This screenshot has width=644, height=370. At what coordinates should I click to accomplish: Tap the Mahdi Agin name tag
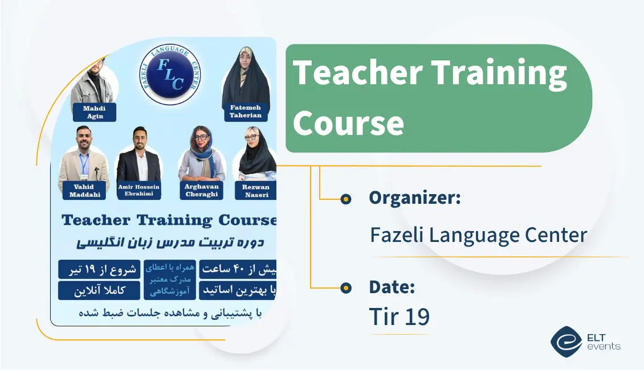tap(94, 112)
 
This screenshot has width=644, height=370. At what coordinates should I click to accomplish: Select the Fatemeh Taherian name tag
tap(246, 111)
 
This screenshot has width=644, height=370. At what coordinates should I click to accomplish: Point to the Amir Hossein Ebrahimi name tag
tap(139, 191)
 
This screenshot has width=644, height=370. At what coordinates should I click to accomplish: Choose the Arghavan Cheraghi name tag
tap(202, 191)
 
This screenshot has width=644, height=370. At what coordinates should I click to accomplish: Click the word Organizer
tap(414, 198)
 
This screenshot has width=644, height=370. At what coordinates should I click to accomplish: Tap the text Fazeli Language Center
tap(478, 235)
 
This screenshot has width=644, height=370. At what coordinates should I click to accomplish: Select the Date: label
tap(392, 287)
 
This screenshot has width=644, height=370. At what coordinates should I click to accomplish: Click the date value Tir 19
tap(399, 317)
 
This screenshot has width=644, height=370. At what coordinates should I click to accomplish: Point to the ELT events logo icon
tap(565, 342)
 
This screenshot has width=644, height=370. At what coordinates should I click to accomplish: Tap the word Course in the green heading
tap(348, 122)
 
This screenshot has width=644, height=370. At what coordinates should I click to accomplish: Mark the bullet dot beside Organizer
tap(345, 199)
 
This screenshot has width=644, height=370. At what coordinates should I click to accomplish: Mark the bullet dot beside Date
tap(345, 288)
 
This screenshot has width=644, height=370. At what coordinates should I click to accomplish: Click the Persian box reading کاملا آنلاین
tap(99, 290)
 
